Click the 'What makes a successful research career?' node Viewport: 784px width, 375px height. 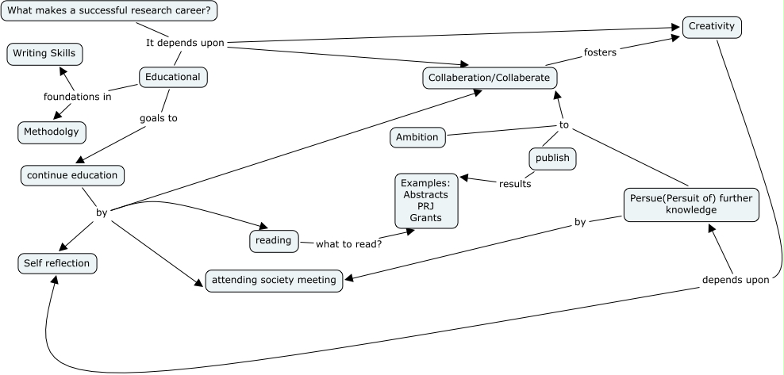(x=110, y=11)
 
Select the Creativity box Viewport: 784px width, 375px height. (x=713, y=27)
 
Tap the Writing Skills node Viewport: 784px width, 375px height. (x=45, y=55)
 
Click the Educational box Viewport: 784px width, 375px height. (x=174, y=77)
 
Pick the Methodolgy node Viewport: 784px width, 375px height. (x=52, y=132)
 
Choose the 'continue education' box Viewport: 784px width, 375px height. (x=72, y=174)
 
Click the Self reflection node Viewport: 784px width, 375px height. (x=57, y=263)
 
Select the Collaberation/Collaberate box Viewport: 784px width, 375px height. (x=489, y=78)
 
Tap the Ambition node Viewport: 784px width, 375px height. (x=417, y=137)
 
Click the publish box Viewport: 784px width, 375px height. (x=552, y=159)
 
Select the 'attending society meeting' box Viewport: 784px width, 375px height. (x=275, y=280)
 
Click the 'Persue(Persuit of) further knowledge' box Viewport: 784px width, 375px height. (x=690, y=204)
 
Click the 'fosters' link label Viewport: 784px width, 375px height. (x=601, y=52)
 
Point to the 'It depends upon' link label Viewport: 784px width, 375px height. (x=186, y=43)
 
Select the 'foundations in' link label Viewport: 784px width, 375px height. (x=77, y=98)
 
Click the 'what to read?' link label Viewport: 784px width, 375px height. (x=348, y=243)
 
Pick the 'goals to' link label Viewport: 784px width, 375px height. (x=158, y=118)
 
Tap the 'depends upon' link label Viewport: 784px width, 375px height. (x=736, y=280)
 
